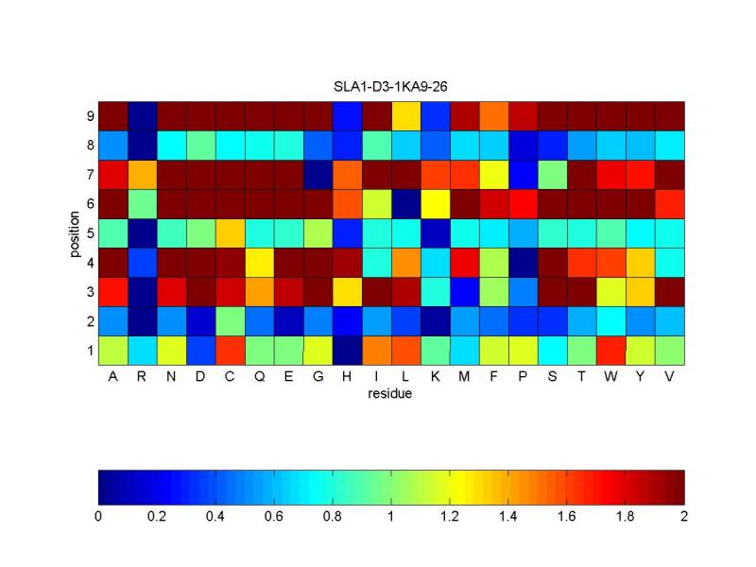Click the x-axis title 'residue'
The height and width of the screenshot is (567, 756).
(x=390, y=394)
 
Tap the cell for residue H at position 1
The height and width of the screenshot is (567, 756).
(x=347, y=350)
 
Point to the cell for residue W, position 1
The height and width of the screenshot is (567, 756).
(x=610, y=350)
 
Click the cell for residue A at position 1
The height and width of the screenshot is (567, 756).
(x=112, y=350)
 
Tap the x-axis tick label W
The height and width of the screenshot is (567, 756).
(x=610, y=376)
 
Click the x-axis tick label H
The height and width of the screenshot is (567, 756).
(x=347, y=376)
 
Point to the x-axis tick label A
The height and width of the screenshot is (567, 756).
(x=112, y=376)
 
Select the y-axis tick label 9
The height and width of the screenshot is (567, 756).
(x=90, y=116)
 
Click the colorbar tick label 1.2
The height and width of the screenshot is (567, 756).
(x=450, y=517)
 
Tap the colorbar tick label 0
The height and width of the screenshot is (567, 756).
(x=98, y=517)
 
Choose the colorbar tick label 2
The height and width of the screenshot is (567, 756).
(x=684, y=517)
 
